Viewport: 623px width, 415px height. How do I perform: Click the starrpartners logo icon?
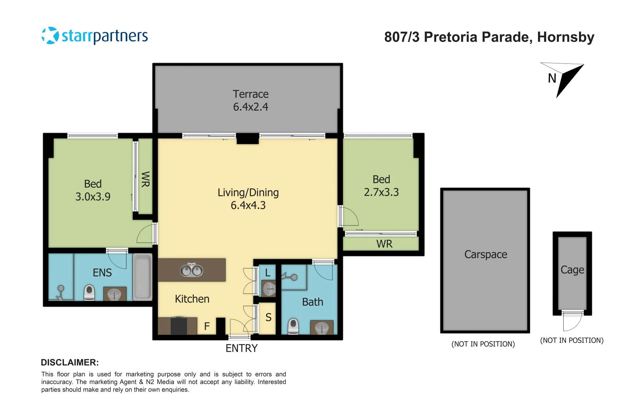tap(50, 36)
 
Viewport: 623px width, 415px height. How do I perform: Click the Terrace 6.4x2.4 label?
tap(250, 100)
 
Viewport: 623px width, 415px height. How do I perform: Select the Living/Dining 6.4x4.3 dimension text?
tap(248, 205)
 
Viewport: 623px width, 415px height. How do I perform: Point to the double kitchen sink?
tap(192, 271)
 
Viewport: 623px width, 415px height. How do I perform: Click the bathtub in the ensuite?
tap(143, 277)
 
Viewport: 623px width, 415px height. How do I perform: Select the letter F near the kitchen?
tap(207, 326)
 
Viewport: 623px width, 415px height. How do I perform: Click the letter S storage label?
tap(268, 317)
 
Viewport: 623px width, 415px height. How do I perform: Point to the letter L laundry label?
tap(268, 273)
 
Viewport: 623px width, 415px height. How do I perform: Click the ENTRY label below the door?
tap(242, 348)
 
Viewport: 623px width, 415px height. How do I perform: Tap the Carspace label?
tap(486, 254)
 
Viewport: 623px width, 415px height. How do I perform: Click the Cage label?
tap(572, 270)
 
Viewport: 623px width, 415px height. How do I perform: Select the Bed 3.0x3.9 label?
tap(93, 190)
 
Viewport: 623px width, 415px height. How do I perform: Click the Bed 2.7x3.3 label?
tap(381, 186)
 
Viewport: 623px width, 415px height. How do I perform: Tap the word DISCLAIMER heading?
tap(70, 362)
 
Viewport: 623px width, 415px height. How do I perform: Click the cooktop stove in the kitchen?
tap(179, 326)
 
